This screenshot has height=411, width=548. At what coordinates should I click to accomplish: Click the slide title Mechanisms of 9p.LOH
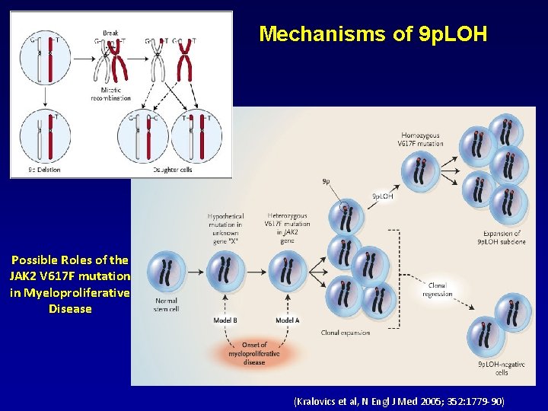point(372,34)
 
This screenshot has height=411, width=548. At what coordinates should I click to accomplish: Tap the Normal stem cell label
point(166,305)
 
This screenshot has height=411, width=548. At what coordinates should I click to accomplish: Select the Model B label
point(225,320)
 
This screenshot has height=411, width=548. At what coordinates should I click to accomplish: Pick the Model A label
point(287,320)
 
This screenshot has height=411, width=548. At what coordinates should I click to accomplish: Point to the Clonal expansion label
point(346,333)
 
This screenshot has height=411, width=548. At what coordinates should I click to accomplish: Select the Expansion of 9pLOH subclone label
point(502,237)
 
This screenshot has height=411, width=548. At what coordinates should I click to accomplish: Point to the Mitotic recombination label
point(110,93)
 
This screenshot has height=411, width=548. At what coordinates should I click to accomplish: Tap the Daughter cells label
point(172,170)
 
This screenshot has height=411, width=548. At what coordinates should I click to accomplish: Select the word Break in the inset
point(110,33)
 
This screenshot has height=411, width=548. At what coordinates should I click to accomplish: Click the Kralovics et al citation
point(398,400)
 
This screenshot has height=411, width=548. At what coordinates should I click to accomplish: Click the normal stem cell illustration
point(167,273)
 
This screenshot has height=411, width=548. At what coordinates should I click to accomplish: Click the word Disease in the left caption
point(70,309)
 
